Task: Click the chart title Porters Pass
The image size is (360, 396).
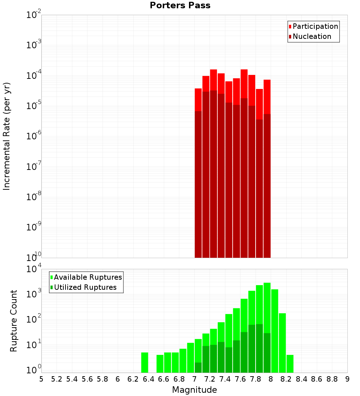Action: point(180,5)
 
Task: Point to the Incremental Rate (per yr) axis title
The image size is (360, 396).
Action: point(7,136)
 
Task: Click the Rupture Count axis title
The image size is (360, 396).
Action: point(14,320)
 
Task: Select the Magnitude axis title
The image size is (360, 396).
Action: point(194,390)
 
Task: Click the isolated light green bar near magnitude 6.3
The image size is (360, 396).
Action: point(144,363)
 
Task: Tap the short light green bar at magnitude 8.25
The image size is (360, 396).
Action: point(290,364)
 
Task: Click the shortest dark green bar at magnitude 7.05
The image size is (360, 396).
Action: point(198,368)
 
